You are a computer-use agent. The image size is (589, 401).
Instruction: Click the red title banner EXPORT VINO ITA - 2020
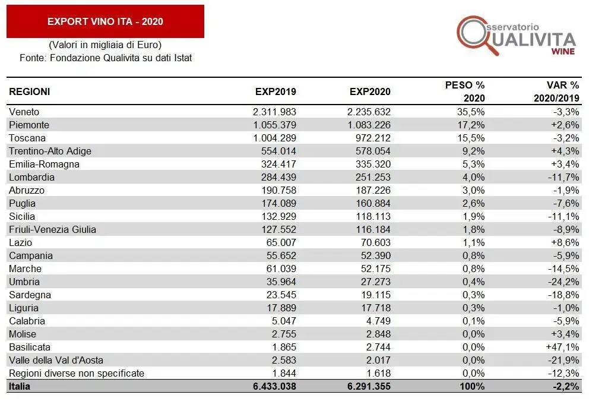[105, 22]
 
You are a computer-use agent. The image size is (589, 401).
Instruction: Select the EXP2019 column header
[275, 92]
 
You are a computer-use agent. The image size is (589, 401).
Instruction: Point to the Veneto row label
[24, 112]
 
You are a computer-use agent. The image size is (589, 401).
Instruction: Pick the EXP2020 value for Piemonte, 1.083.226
[369, 125]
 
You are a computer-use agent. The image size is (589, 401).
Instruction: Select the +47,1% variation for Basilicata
[563, 347]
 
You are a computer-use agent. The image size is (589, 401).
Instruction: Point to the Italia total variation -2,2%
[566, 386]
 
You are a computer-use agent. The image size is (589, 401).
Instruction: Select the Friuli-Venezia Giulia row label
[52, 229]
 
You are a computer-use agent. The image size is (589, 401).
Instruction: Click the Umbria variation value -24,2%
[565, 282]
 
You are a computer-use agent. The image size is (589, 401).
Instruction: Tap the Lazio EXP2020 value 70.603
[375, 242]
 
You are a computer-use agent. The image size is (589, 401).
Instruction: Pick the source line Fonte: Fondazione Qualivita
[105, 58]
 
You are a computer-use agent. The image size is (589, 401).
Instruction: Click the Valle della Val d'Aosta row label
[56, 360]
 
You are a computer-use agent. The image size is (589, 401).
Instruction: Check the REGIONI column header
[30, 92]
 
